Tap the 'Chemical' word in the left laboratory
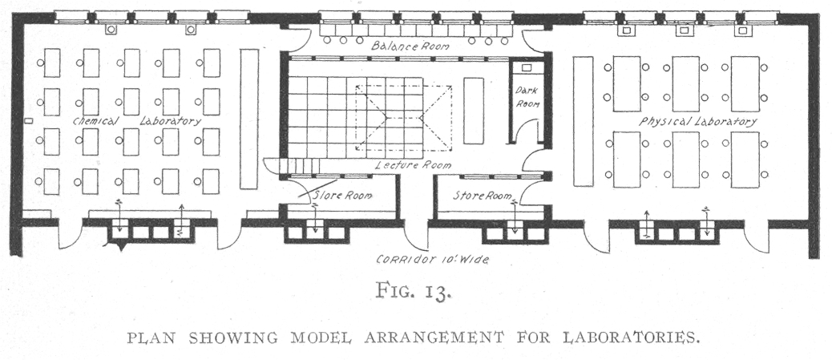(95, 121)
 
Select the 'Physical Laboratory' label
(698, 122)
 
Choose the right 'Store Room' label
(483, 195)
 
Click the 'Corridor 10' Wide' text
(433, 260)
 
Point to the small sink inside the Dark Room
(527, 70)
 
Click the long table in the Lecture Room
(473, 111)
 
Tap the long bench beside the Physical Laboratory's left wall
(583, 120)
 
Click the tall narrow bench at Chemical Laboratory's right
(249, 118)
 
